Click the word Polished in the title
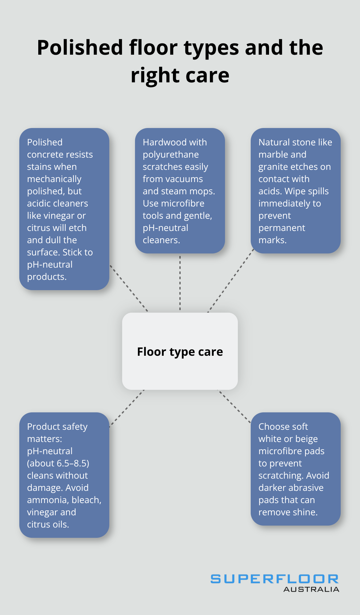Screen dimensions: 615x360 tap(80, 48)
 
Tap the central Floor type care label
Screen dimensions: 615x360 tap(180, 352)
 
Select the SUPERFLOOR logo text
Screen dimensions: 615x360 tap(274, 579)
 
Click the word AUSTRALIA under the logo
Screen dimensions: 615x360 tap(311, 589)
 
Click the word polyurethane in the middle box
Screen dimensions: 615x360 tap(171, 154)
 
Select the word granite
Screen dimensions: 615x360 tap(273, 167)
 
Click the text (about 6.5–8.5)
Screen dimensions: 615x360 tap(58, 463)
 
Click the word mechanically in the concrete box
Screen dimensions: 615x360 tap(54, 179)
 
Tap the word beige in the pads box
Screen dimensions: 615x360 tap(306, 439)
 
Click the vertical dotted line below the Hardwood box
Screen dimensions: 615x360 tap(180, 283)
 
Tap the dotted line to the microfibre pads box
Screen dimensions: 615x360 tap(234, 406)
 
